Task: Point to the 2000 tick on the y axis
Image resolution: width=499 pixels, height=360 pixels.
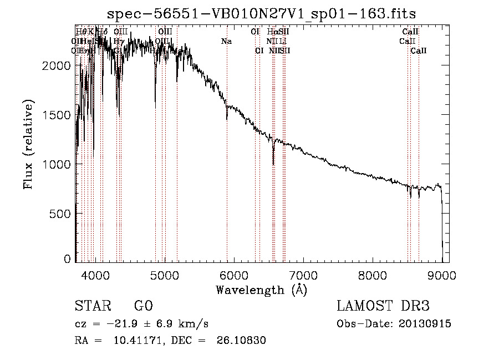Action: (x=55, y=65)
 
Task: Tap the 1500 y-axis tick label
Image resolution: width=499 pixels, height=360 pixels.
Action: (x=55, y=115)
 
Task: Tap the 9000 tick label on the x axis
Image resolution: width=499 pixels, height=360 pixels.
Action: (x=441, y=274)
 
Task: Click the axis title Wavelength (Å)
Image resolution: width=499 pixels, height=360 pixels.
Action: (x=261, y=290)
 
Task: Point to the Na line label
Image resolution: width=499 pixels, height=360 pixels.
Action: (x=226, y=41)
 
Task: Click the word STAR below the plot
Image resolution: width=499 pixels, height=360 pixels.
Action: (x=90, y=306)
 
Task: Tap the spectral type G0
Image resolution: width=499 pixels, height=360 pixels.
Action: (x=143, y=306)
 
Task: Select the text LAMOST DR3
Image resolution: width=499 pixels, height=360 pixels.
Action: (x=383, y=306)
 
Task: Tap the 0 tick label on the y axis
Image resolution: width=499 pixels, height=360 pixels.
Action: (x=67, y=258)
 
